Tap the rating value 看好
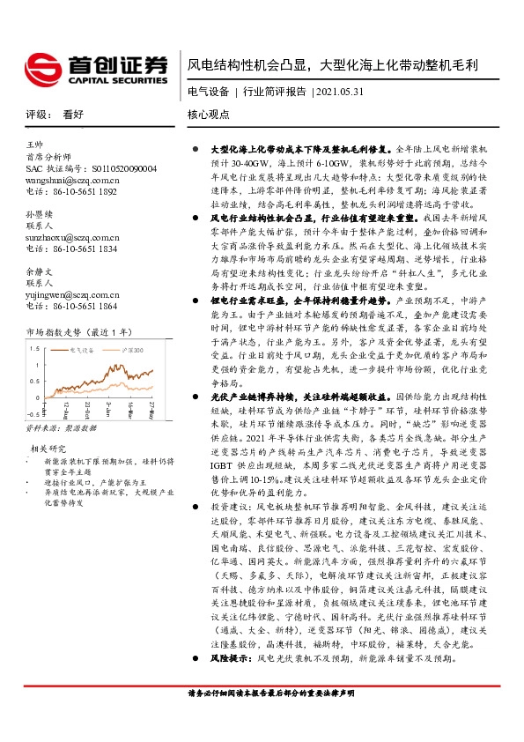pyautogui.click(x=73, y=115)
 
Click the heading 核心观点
pyautogui.click(x=208, y=115)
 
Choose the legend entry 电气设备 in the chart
pyautogui.click(x=86, y=351)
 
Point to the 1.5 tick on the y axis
pyautogui.click(x=34, y=349)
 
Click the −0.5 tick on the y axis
pyautogui.click(x=33, y=412)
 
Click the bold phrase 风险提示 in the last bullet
pyautogui.click(x=225, y=682)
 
